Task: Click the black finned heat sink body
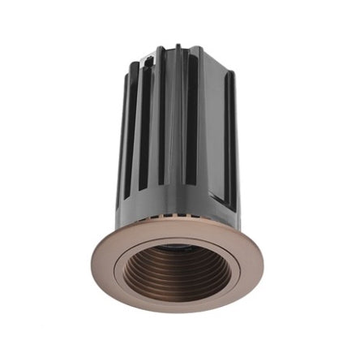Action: coord(178,130)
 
